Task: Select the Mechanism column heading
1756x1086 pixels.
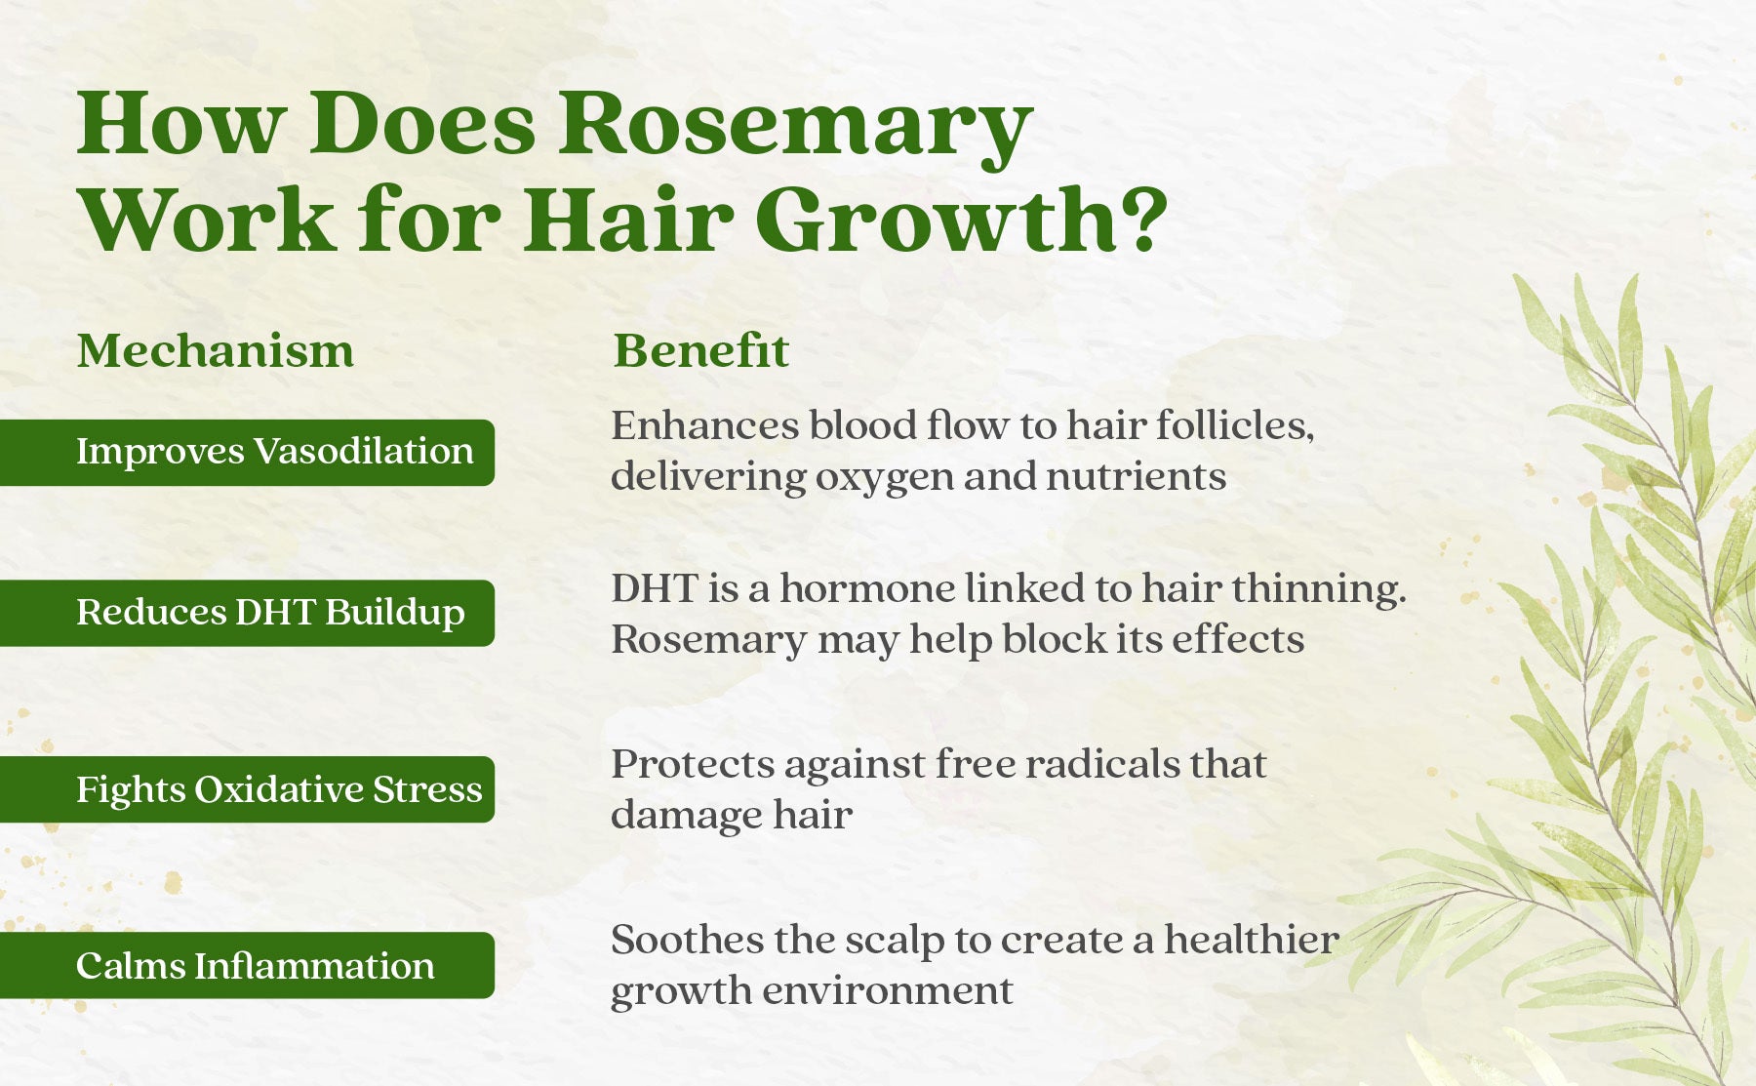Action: point(216,350)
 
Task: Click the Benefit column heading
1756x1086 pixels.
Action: point(700,350)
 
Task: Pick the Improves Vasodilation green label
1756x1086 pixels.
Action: point(247,452)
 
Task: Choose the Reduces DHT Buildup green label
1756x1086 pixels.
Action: point(247,613)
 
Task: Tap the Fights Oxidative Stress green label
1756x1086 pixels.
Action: point(247,789)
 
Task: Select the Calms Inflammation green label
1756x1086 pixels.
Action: point(247,965)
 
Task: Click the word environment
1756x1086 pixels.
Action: point(888,991)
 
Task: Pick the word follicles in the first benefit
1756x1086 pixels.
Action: point(1235,425)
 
